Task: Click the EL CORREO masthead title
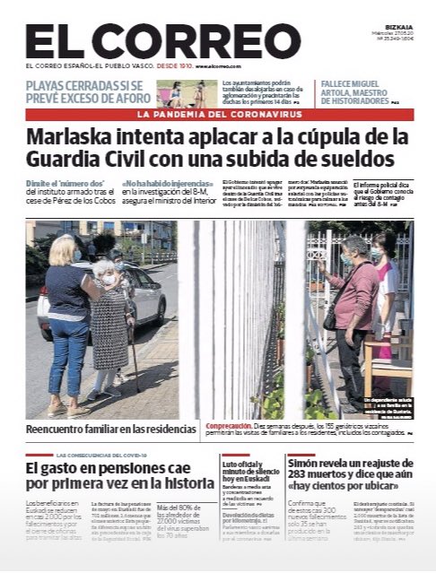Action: tap(150, 42)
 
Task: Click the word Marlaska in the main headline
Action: tap(77, 138)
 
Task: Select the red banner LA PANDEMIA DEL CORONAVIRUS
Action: tap(218, 114)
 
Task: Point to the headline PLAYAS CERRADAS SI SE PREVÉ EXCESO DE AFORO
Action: tap(88, 92)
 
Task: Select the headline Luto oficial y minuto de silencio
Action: tap(250, 469)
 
